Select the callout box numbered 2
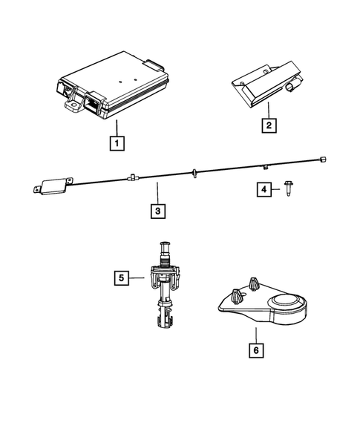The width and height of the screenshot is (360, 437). coord(267,126)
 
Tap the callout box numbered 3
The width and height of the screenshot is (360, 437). coord(157,211)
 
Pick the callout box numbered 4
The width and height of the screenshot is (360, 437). coord(264,190)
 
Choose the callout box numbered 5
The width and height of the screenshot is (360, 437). coord(120,278)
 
